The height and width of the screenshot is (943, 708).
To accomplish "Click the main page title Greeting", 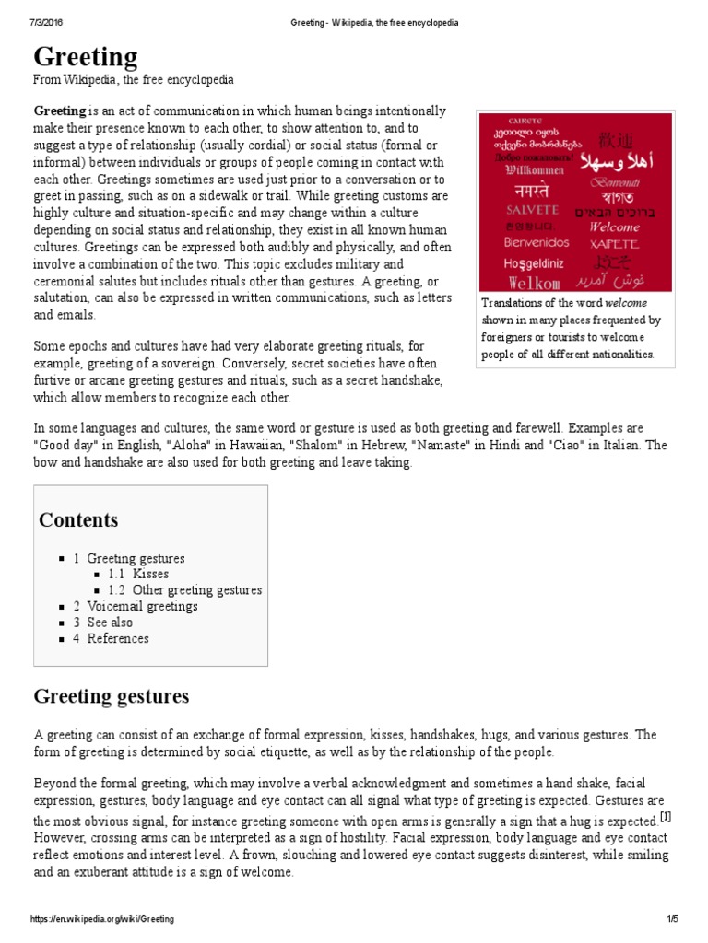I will point(86,57).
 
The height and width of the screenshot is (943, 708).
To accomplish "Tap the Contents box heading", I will point(78,519).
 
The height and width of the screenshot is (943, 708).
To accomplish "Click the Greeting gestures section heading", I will point(112,695).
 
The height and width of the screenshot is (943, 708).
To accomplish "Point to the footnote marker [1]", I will point(666,816).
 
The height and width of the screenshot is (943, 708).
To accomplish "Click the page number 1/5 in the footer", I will point(671,920).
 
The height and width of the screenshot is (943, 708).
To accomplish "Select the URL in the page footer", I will point(103,920).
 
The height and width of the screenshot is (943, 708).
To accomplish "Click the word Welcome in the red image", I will point(613,227).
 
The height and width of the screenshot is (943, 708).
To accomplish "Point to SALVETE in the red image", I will point(532,210).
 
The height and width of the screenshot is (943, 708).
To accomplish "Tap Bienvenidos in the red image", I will point(537,243).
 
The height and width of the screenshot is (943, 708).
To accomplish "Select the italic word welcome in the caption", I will point(626,303).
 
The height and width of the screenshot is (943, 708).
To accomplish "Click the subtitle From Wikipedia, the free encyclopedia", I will point(134,80).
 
